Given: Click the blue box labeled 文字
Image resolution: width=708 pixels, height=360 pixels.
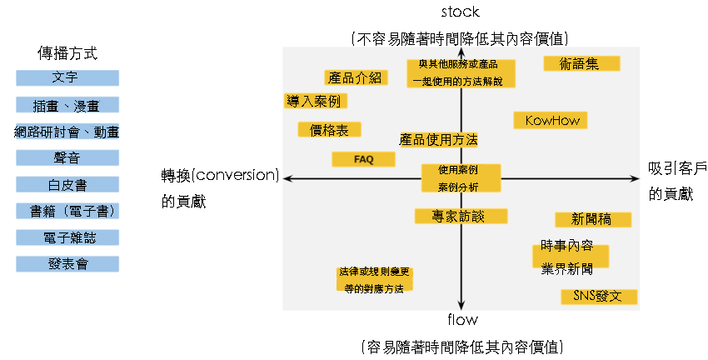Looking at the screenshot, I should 67,78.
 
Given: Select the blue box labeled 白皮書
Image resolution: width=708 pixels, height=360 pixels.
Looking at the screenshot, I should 67,185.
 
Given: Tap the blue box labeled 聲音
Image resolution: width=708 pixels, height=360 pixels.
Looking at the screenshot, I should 67,158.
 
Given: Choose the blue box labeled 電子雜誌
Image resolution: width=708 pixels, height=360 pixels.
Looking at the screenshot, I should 67,238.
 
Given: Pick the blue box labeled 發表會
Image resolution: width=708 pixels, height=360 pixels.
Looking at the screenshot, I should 67,265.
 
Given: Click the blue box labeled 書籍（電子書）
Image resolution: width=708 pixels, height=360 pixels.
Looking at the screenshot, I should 67,212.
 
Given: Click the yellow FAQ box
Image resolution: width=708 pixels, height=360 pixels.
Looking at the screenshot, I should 363,159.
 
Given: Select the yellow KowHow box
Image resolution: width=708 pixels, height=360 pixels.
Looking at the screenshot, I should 551,121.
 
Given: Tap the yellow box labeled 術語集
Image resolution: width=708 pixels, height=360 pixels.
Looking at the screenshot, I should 581,63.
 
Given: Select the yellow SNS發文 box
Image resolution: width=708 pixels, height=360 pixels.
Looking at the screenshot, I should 599,297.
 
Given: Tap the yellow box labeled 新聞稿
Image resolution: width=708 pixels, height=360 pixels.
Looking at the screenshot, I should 593,220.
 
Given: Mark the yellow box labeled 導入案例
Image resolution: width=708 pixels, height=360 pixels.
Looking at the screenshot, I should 315,101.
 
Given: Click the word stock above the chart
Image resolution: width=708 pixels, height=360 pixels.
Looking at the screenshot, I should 461,12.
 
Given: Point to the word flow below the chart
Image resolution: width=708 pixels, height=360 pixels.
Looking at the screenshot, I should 461,320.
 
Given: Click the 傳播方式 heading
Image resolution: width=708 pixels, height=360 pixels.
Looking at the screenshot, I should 67,54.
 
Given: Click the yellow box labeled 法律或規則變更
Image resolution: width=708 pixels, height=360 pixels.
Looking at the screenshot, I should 374,280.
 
